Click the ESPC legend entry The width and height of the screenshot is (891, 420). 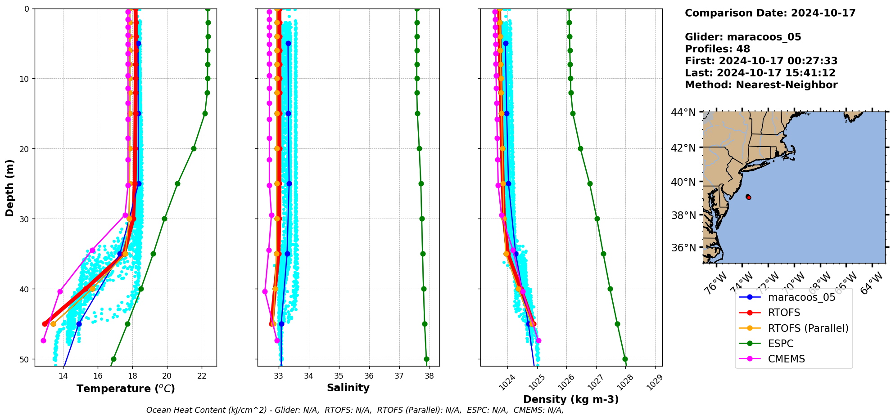[780, 344]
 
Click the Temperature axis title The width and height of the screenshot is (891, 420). [126, 389]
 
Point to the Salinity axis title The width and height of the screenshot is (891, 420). [348, 388]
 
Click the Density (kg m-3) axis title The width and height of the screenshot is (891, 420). [571, 399]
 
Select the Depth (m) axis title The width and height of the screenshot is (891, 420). [10, 188]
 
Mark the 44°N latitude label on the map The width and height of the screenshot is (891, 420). [683, 112]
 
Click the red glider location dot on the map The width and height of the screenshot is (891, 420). [748, 197]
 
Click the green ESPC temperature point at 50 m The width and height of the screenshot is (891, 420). [113, 359]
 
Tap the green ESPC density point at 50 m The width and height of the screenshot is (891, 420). [625, 359]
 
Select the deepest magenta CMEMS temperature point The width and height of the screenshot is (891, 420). [43, 340]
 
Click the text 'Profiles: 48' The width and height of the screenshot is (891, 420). [717, 49]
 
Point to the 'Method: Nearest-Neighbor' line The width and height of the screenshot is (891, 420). [761, 85]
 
